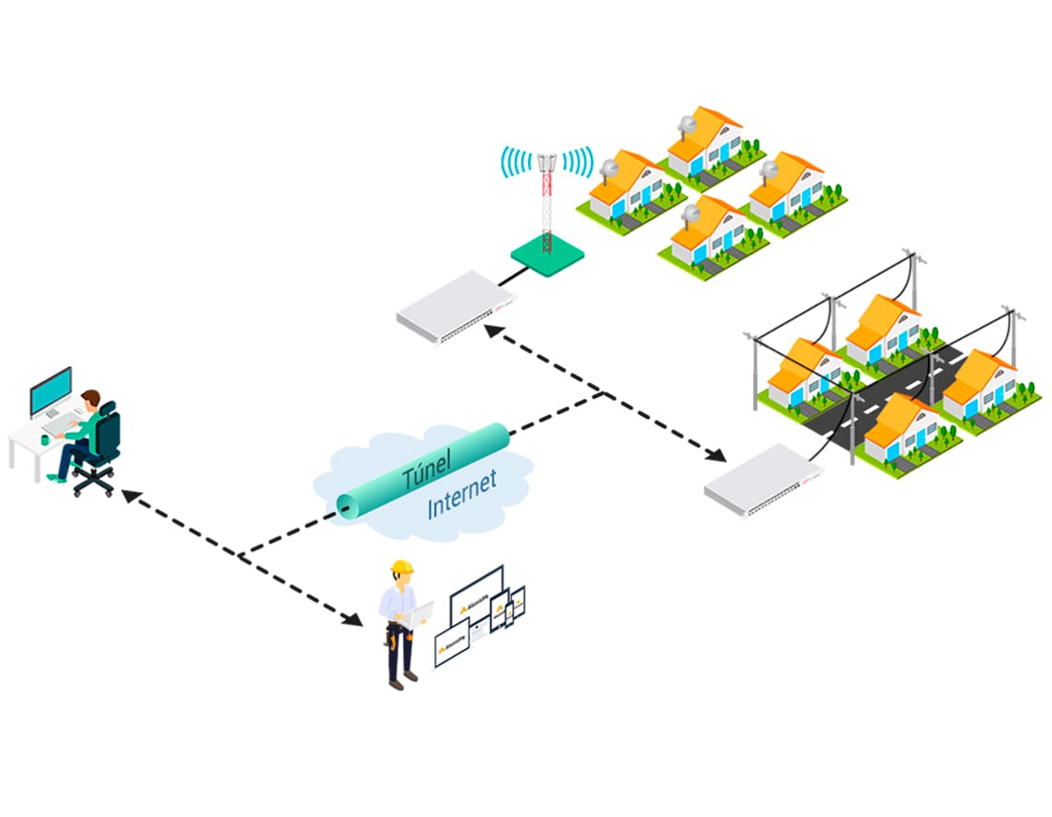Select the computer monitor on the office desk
click(50, 392)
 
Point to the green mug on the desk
click(46, 439)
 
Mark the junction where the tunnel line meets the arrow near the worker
click(242, 557)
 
